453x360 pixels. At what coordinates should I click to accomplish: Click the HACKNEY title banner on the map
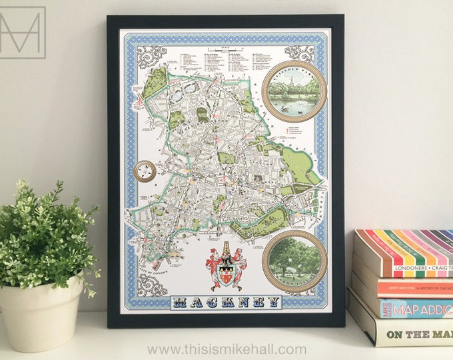(226, 303)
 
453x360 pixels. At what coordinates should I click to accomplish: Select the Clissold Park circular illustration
(293, 91)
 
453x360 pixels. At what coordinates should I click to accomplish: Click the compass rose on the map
(145, 171)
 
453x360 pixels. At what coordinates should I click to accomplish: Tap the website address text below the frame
(226, 349)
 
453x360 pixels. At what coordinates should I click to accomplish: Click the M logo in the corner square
(22, 31)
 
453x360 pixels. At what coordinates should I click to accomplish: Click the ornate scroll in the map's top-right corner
(299, 54)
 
